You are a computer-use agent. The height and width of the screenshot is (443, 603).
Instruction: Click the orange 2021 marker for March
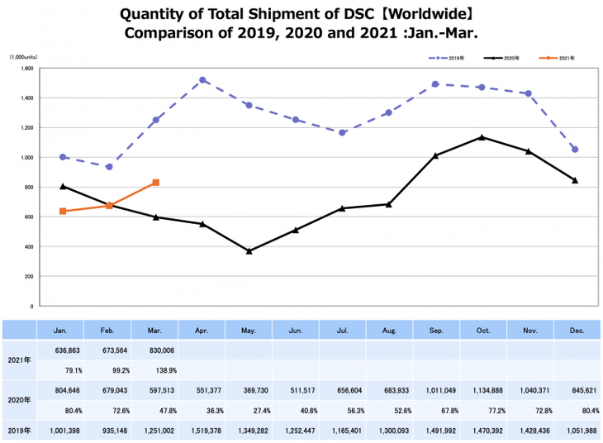[x=156, y=183]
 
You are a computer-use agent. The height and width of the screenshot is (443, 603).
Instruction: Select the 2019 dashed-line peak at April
[x=203, y=80]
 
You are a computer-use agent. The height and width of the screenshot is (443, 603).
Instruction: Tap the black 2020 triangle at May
[x=249, y=250]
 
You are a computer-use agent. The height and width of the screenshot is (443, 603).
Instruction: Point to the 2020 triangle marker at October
[x=482, y=137]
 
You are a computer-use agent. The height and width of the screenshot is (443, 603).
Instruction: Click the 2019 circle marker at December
[x=575, y=150]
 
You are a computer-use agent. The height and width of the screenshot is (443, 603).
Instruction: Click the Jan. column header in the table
[x=61, y=331]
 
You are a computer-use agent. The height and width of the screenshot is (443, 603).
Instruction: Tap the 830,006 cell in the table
[x=154, y=350]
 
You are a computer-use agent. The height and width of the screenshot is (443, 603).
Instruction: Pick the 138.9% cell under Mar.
[x=154, y=369]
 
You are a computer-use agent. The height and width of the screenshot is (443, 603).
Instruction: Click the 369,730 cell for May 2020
[x=248, y=388]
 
